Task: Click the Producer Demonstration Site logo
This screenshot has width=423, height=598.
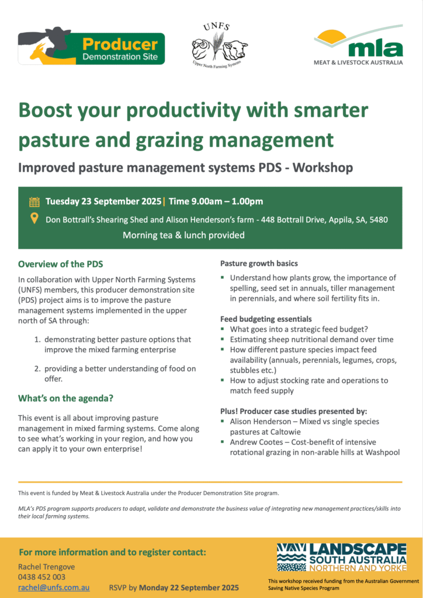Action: pyautogui.click(x=92, y=46)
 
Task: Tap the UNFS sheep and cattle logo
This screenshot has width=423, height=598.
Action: pyautogui.click(x=219, y=46)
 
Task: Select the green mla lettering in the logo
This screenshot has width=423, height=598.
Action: pyautogui.click(x=375, y=48)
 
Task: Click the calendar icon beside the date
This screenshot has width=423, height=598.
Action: pyautogui.click(x=34, y=201)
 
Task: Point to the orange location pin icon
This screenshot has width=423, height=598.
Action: pyautogui.click(x=34, y=218)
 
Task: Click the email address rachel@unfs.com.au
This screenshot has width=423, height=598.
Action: pyautogui.click(x=54, y=587)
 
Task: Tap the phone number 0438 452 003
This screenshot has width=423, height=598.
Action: pyautogui.click(x=41, y=577)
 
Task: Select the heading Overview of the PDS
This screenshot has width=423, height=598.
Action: pyautogui.click(x=61, y=264)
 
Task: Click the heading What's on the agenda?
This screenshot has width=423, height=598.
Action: pyautogui.click(x=65, y=398)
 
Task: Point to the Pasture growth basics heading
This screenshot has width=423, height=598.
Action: pyautogui.click(x=259, y=263)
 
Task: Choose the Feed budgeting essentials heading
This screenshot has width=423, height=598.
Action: pyautogui.click(x=266, y=319)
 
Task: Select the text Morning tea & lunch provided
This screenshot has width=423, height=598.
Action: pyautogui.click(x=183, y=235)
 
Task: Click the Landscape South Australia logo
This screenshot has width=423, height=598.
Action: pyautogui.click(x=342, y=557)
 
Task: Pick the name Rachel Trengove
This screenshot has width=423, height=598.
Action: pyautogui.click(x=47, y=566)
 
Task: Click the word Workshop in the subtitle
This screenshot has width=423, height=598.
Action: pyautogui.click(x=323, y=168)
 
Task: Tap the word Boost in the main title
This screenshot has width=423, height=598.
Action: pyautogui.click(x=46, y=110)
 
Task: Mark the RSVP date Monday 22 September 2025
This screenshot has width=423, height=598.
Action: pyautogui.click(x=189, y=587)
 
